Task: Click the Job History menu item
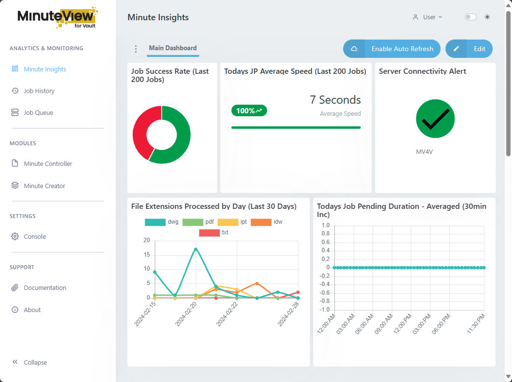click(39, 91)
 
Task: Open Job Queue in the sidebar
click(38, 112)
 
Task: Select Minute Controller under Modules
click(48, 164)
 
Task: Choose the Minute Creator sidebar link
click(44, 186)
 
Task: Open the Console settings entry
click(35, 236)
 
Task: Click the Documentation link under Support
click(45, 287)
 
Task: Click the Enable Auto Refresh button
click(391, 49)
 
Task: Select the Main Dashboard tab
click(173, 48)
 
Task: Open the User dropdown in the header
click(428, 17)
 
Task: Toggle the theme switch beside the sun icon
click(470, 17)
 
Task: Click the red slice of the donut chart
click(139, 130)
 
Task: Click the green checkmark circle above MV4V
click(435, 119)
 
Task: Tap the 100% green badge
click(249, 110)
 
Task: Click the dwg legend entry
click(162, 222)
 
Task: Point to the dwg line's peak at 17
click(195, 249)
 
